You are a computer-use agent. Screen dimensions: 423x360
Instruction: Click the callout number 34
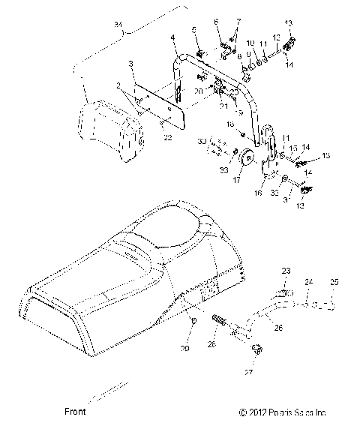click(118, 28)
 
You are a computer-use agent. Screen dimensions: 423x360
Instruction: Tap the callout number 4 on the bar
click(173, 37)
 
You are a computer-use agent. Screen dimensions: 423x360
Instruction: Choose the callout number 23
click(286, 271)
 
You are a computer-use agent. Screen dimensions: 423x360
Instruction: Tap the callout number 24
click(307, 282)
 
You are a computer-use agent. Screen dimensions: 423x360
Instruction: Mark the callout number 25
click(334, 282)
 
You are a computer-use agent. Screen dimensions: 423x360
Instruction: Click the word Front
click(75, 411)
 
